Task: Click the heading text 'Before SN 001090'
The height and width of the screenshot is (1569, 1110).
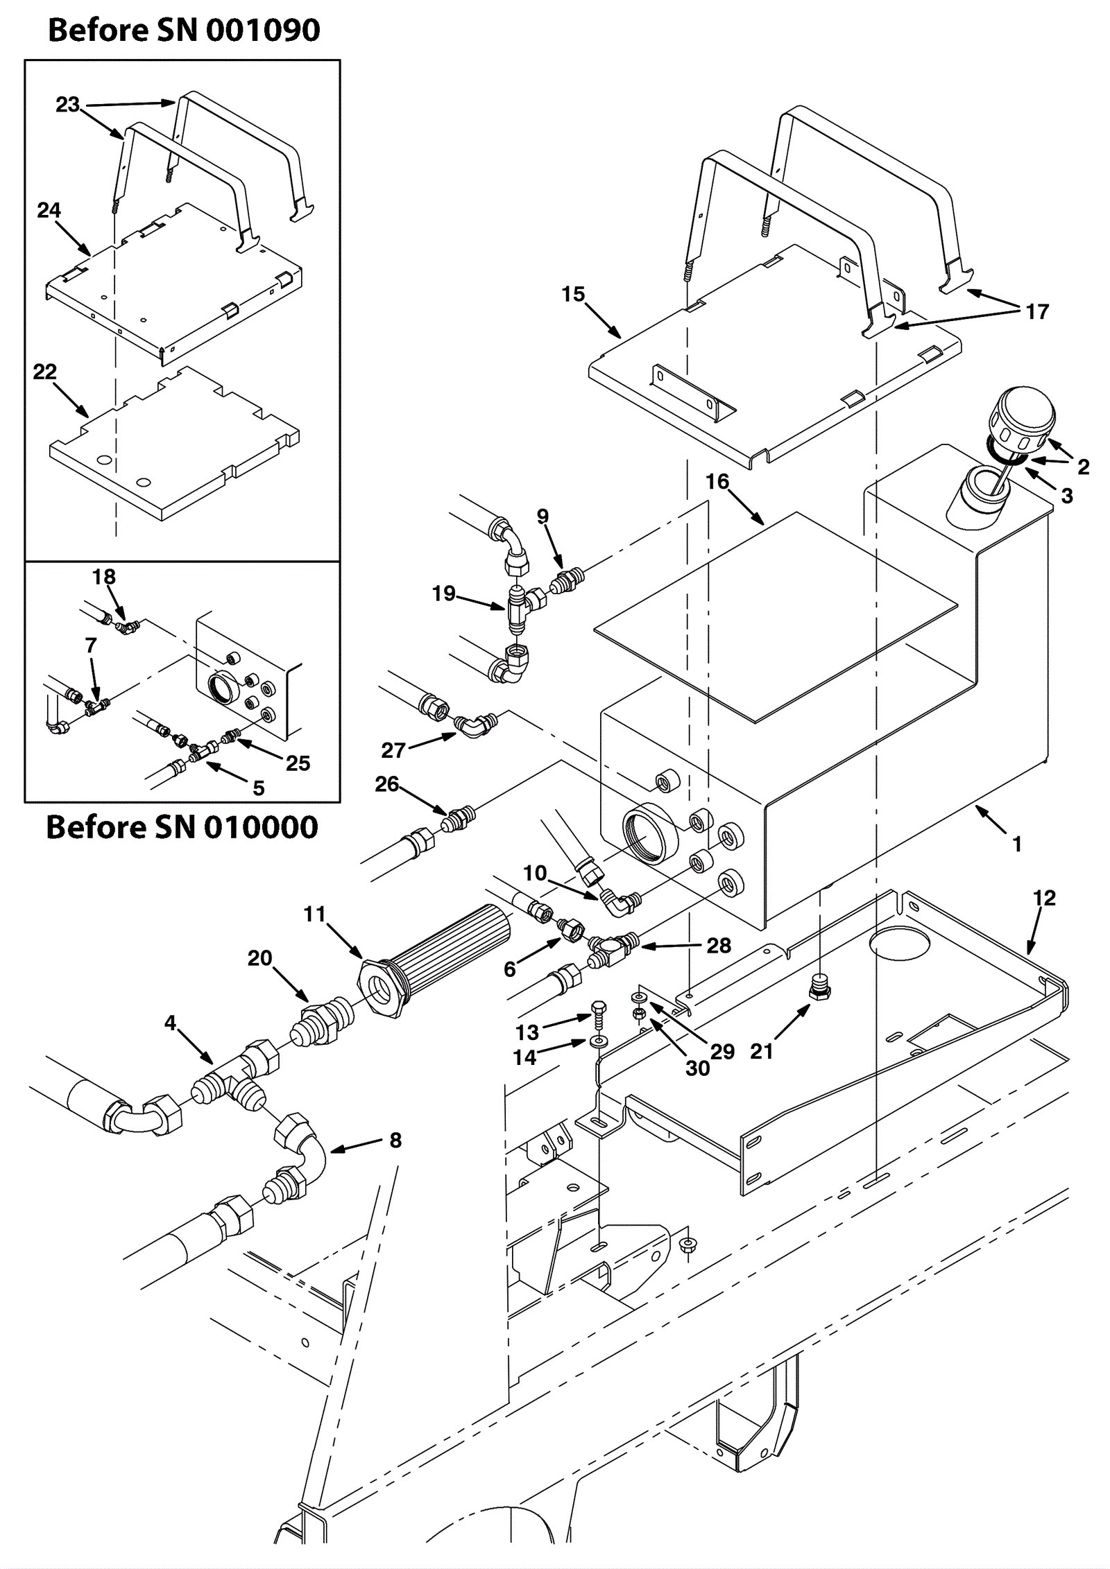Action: (184, 31)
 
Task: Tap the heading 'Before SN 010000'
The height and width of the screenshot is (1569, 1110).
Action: (182, 827)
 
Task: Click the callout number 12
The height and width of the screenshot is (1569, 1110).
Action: (1044, 898)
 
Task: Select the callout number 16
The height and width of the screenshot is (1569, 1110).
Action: (717, 481)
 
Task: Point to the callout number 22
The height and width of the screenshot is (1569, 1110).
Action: (45, 372)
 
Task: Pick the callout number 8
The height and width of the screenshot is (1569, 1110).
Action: (395, 1141)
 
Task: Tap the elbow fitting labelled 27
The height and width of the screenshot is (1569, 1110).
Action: (477, 724)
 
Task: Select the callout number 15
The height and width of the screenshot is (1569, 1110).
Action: (573, 295)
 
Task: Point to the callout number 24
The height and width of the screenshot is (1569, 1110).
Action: (49, 210)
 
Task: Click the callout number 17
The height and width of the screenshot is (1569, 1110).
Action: (1037, 312)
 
